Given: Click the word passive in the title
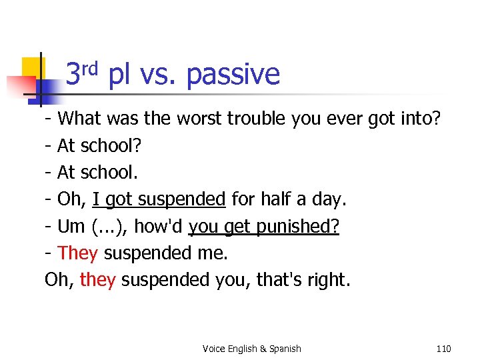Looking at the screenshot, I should coord(233,75).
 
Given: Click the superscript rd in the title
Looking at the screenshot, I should coord(91,67).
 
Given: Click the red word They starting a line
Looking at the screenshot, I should coord(79,253).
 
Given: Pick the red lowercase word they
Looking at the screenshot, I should coord(98,279).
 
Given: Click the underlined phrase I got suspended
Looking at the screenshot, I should coord(159,199).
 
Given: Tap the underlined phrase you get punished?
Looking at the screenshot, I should coord(264,226).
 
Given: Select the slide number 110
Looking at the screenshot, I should coord(443,349).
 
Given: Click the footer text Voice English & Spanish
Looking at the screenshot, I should coord(251,349).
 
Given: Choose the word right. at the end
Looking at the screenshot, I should coord(326,279).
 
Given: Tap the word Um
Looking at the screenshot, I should coord(71,226).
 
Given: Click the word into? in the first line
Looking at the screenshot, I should coord(417,119).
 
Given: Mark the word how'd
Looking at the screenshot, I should coord(159,226).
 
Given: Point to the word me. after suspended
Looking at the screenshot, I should coord(213,253).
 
